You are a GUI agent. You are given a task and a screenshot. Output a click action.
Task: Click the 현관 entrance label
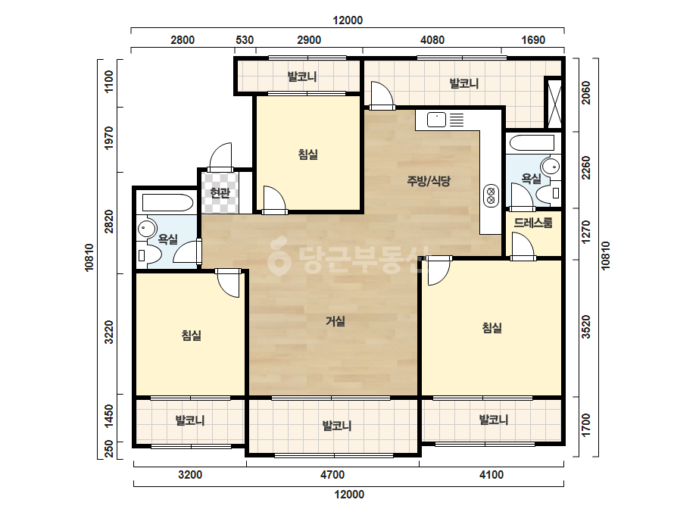(220, 193)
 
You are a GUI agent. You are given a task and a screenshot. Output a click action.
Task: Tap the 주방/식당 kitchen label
(429, 180)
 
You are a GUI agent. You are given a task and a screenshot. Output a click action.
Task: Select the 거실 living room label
(335, 321)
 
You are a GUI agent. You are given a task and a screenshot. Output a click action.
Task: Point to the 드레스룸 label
(533, 223)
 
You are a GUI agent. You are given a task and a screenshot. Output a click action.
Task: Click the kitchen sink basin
(436, 120)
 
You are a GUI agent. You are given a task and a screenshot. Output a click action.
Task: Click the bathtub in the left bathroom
(167, 202)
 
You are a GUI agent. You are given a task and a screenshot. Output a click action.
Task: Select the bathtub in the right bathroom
(532, 142)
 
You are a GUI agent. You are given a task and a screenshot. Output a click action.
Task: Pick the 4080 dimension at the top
(432, 40)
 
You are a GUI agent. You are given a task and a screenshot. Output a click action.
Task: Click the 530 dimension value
(245, 40)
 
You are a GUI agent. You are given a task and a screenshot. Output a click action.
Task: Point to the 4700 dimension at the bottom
(332, 475)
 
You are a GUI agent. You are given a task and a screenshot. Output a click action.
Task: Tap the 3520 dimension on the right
(586, 327)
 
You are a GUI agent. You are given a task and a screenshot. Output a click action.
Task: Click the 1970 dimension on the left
(108, 138)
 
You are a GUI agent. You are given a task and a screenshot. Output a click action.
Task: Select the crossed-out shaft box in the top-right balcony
(554, 103)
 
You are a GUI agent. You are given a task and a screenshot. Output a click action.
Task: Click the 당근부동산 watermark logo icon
(279, 255)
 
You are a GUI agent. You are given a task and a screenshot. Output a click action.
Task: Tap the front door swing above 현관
(220, 156)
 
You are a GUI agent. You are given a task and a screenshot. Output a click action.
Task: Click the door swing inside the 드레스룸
(523, 245)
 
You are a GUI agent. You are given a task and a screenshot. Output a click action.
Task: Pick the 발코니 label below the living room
(337, 426)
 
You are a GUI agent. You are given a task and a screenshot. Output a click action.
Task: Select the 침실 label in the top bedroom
(308, 155)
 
